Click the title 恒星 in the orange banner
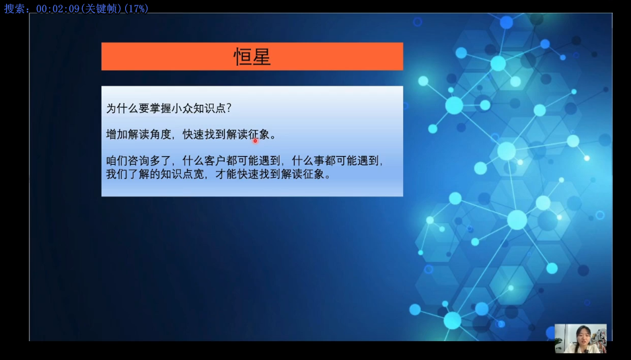tap(252, 57)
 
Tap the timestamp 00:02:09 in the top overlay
tap(58, 9)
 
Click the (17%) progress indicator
tap(137, 9)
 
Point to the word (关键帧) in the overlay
tap(102, 9)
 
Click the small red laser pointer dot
tap(255, 141)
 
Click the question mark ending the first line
tap(229, 108)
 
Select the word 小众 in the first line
tap(182, 108)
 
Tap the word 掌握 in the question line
tap(161, 108)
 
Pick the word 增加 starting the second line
tap(116, 135)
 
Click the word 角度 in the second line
tap(161, 135)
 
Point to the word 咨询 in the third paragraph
tap(139, 161)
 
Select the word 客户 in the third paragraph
tap(215, 161)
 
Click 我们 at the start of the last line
tap(116, 174)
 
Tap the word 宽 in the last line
tap(199, 174)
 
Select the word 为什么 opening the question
tap(122, 108)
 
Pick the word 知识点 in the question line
tap(209, 108)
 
